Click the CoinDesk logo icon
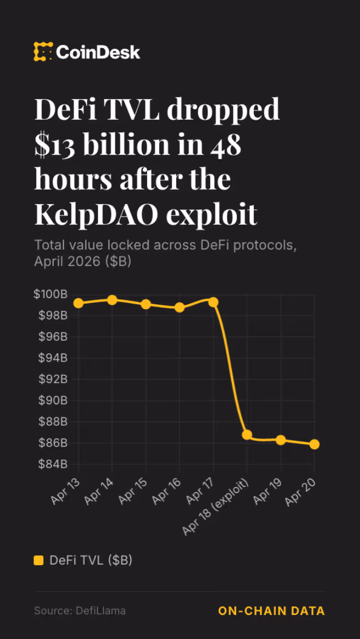coord(43,52)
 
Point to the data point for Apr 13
coord(78,303)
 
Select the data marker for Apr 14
coord(112,300)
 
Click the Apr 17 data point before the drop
coord(213,302)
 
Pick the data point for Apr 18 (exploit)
coord(247,435)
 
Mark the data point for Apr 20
coord(315,444)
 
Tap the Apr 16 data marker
coord(179,307)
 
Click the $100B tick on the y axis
coord(51,294)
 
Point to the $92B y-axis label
coord(53,379)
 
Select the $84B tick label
coord(53,464)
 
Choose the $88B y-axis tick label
coord(53,421)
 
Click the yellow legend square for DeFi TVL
coord(38,560)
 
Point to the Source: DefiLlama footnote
coord(80,611)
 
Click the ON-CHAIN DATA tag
coord(271,611)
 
